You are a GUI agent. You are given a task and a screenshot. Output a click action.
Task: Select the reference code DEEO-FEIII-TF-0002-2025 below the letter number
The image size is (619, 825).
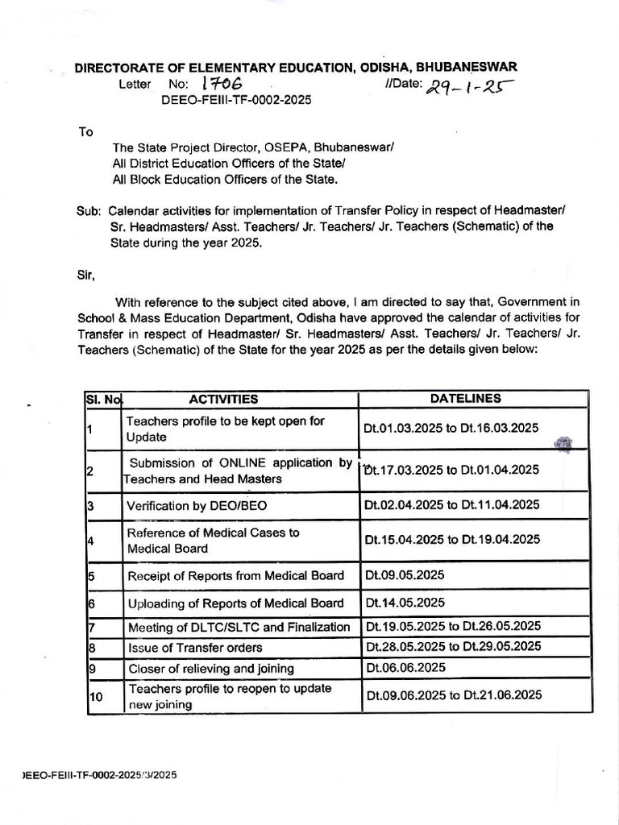(x=236, y=100)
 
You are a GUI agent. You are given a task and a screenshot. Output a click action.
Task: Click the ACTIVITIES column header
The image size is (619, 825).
(x=223, y=399)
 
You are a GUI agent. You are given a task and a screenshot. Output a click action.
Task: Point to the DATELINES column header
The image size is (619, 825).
(x=465, y=399)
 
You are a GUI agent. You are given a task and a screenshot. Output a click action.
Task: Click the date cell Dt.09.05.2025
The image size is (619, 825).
(x=405, y=575)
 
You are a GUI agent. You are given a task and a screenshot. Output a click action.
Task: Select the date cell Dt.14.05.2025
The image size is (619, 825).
(x=405, y=603)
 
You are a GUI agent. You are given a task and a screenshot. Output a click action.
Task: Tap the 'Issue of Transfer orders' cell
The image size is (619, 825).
(x=194, y=647)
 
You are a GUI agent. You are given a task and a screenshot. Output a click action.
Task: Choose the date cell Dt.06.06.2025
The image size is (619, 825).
(x=405, y=667)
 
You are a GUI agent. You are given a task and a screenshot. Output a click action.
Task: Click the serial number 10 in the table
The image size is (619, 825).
(x=96, y=697)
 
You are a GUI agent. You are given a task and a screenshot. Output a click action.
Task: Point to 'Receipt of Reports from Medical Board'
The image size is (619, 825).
(x=235, y=575)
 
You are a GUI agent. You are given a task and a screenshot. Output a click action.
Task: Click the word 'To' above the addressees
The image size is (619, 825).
(x=85, y=131)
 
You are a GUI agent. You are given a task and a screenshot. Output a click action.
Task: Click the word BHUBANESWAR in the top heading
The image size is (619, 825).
(x=472, y=68)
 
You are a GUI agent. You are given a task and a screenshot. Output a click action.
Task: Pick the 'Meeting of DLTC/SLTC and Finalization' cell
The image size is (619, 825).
(x=239, y=627)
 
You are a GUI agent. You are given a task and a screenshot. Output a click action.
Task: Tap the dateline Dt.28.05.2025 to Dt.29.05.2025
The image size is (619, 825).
(x=452, y=646)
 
